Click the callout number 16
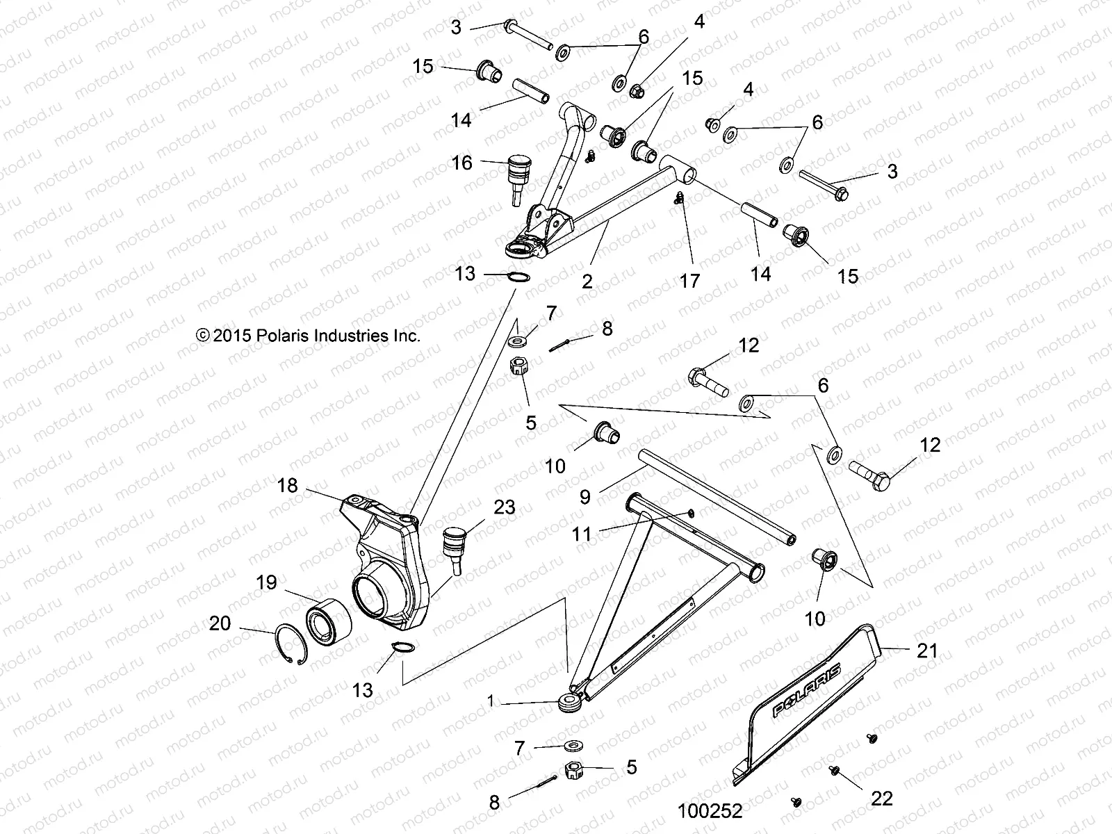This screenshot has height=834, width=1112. click(x=461, y=163)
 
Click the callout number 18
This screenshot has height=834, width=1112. click(x=287, y=485)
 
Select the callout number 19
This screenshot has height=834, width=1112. click(x=268, y=582)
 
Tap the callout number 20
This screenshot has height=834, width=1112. click(x=220, y=623)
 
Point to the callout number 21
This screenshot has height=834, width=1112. click(x=927, y=651)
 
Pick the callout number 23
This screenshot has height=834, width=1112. click(x=505, y=507)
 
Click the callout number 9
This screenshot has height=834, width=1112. click(x=584, y=496)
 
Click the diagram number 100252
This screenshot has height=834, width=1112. click(x=710, y=811)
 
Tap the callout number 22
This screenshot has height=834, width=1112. click(x=882, y=799)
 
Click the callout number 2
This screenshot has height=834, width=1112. click(x=587, y=281)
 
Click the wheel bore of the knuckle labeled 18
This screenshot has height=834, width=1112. click(x=370, y=593)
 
